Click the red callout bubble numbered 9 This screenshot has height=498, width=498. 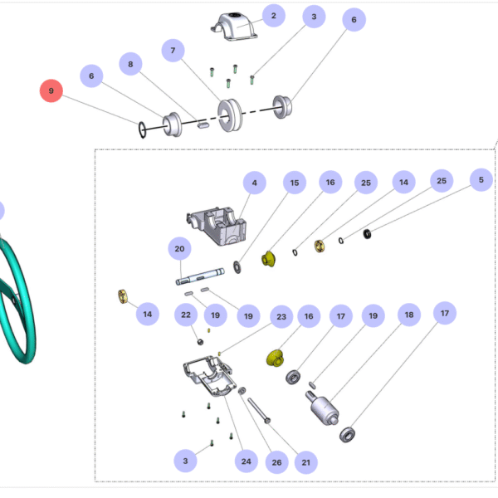(x=51, y=90)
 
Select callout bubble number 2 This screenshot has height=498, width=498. (x=272, y=15)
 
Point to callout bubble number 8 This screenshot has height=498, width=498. (x=129, y=63)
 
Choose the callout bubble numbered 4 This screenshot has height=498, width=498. (x=254, y=182)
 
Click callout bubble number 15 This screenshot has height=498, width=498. (x=292, y=182)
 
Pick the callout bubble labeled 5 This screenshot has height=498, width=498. (x=480, y=179)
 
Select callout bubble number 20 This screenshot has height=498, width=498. (x=178, y=248)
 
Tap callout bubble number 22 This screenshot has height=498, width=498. (x=186, y=315)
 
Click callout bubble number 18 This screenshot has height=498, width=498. (x=408, y=315)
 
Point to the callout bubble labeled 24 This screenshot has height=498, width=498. (x=246, y=461)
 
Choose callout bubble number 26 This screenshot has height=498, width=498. (x=276, y=461)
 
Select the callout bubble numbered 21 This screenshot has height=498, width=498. (x=305, y=461)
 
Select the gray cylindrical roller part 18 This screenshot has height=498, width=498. (x=323, y=409)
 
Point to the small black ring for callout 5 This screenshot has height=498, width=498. (x=368, y=233)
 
